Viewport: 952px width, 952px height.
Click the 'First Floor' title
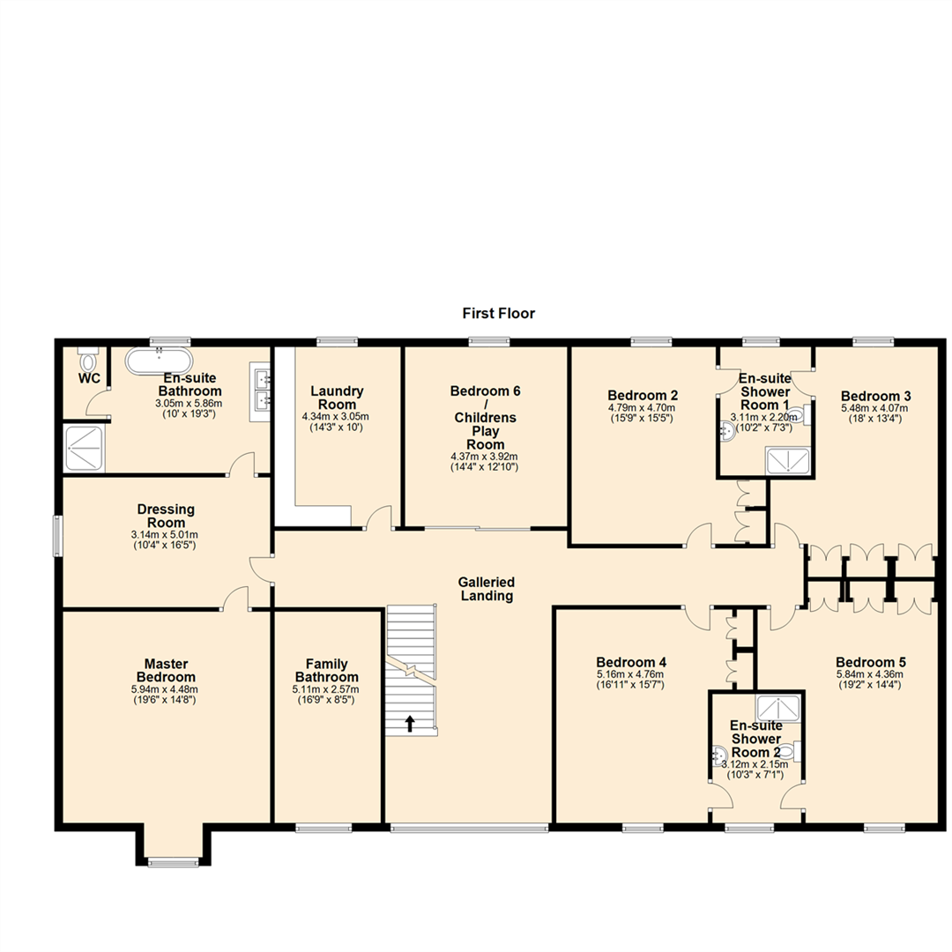498,313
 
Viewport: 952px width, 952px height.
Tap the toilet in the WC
87,361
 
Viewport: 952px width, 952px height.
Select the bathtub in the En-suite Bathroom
160,361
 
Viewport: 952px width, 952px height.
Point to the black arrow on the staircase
410,724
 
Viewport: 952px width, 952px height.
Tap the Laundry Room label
336,398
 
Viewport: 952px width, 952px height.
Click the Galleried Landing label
486,589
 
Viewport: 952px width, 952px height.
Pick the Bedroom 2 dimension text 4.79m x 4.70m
642,408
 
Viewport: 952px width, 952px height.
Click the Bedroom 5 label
871,662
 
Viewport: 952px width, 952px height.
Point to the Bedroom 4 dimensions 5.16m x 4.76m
630,675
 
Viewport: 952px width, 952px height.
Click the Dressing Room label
166,509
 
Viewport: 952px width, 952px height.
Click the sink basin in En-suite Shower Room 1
728,431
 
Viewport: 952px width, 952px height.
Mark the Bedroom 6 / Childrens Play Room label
483,417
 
